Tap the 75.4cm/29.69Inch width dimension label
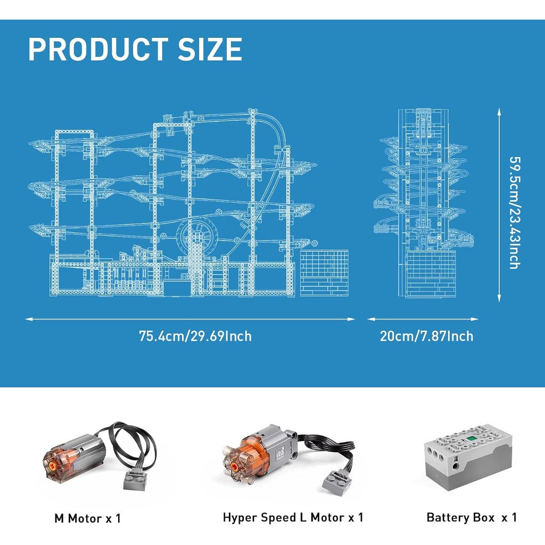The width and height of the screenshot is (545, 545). [x=195, y=336]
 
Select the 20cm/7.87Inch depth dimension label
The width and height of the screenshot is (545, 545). [x=426, y=336]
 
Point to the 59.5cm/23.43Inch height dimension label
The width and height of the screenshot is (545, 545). [x=514, y=213]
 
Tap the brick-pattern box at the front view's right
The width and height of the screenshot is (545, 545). [x=324, y=273]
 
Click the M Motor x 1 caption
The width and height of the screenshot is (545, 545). [x=88, y=518]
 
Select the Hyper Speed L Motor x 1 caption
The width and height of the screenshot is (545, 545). [x=293, y=517]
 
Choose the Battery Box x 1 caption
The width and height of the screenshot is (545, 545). [x=472, y=517]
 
